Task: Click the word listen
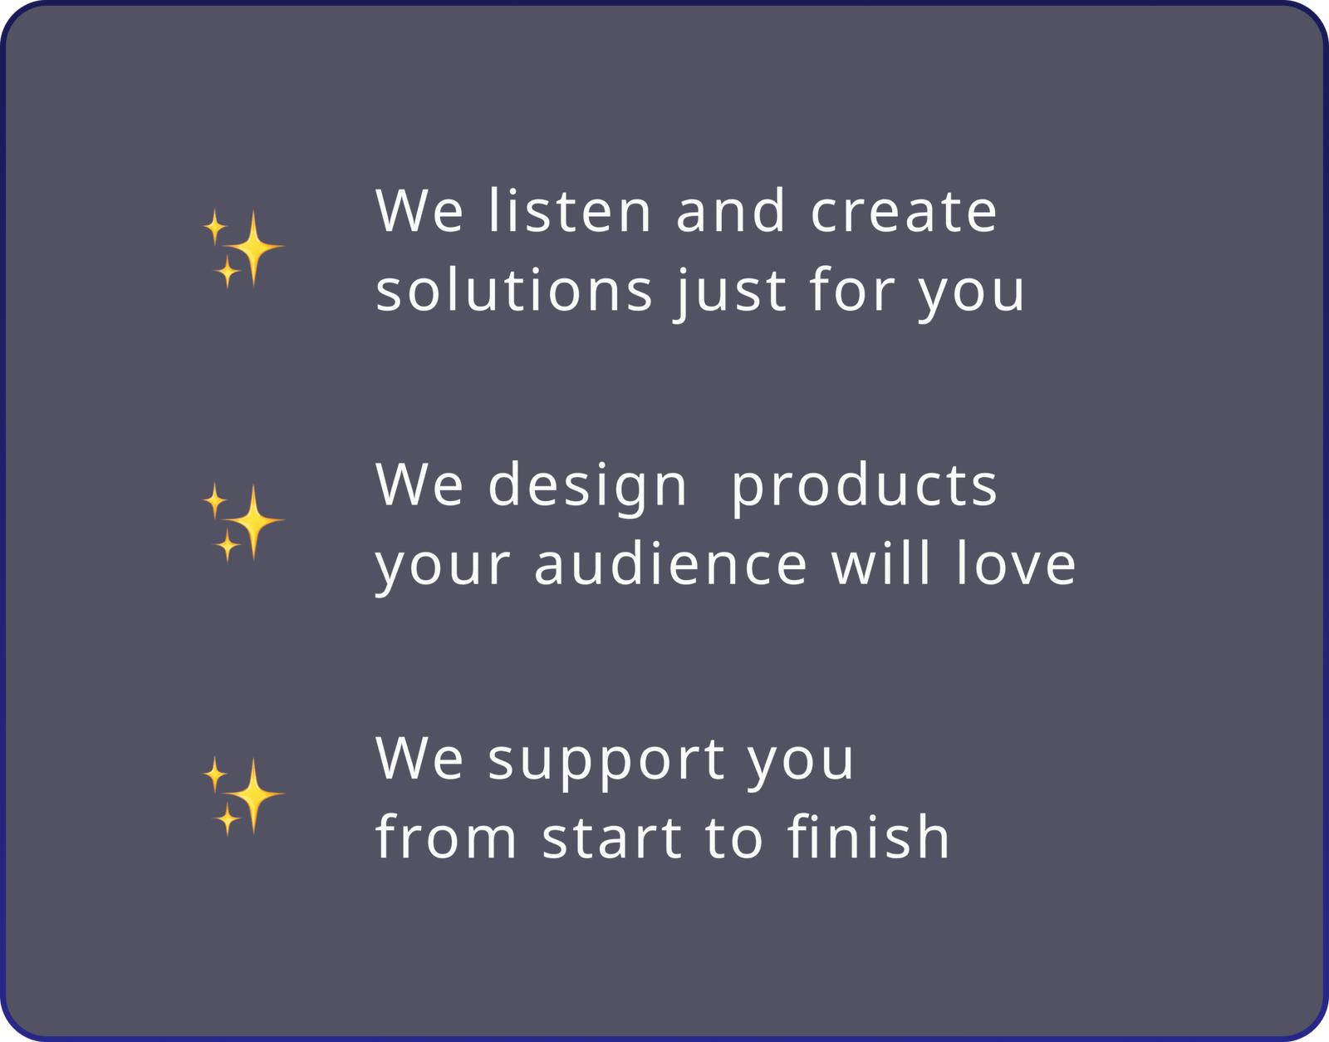click(570, 210)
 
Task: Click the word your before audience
click(442, 568)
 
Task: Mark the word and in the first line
click(729, 210)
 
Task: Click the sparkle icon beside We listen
click(243, 248)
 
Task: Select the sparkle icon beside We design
click(243, 522)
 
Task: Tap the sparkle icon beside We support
click(243, 795)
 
